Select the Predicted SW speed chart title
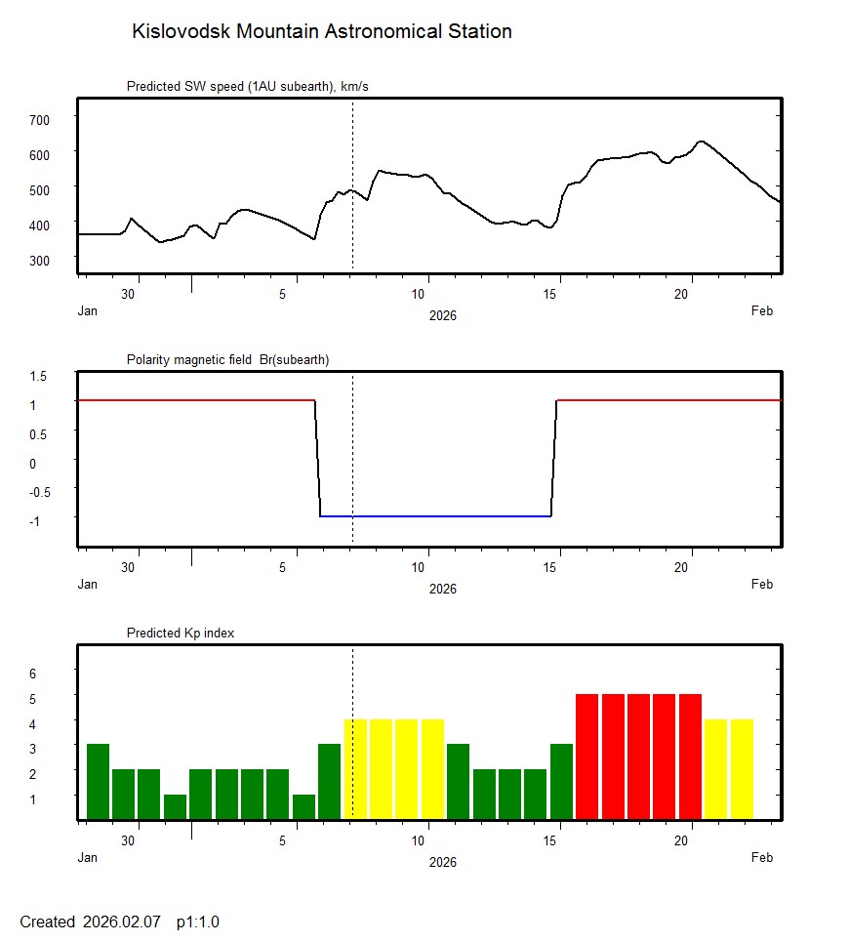pyautogui.click(x=247, y=87)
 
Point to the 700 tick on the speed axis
pyautogui.click(x=40, y=119)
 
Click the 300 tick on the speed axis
pyautogui.click(x=40, y=260)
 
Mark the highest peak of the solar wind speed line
pyautogui.click(x=701, y=142)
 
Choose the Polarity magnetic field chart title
pyautogui.click(x=227, y=359)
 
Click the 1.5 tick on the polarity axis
pyautogui.click(x=40, y=375)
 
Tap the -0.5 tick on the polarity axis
pyautogui.click(x=38, y=492)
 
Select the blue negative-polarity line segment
pyautogui.click(x=435, y=515)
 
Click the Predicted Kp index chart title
pyautogui.click(x=181, y=633)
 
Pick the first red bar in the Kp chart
pyautogui.click(x=586, y=756)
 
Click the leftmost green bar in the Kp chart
pyautogui.click(x=98, y=781)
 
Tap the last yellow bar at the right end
pyautogui.click(x=742, y=768)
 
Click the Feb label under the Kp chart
pyautogui.click(x=762, y=857)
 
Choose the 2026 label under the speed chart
pyautogui.click(x=442, y=315)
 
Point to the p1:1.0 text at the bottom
pyautogui.click(x=198, y=922)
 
